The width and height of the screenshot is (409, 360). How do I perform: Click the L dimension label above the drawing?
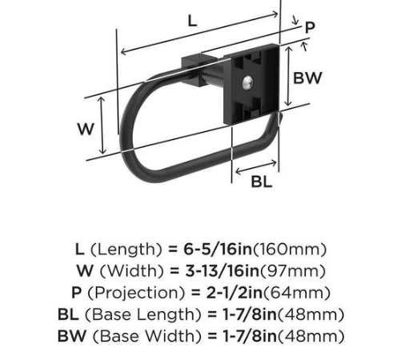[192, 22]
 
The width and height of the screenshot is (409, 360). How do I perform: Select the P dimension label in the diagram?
[310, 28]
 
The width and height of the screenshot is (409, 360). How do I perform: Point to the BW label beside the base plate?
[307, 78]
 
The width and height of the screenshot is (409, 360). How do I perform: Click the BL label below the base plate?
[261, 181]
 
